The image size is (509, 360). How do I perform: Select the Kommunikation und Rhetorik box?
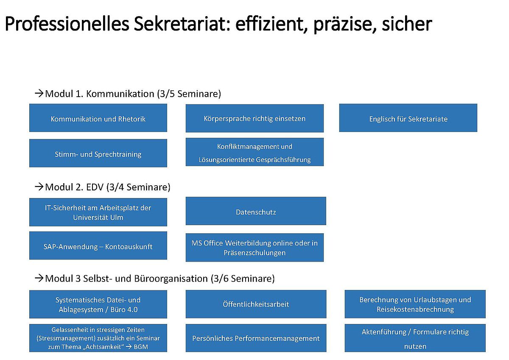tap(98, 118)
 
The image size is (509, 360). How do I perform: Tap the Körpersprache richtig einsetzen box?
tap(255, 118)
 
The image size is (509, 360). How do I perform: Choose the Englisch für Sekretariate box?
tap(408, 118)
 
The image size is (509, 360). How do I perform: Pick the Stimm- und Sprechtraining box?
tap(98, 153)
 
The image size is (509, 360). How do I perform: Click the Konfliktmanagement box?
tap(255, 152)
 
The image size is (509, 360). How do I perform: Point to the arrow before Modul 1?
tap(39, 93)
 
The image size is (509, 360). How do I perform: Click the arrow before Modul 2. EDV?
tap(39, 187)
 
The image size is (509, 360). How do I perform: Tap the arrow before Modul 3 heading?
tap(39, 278)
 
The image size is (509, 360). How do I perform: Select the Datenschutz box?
tap(256, 211)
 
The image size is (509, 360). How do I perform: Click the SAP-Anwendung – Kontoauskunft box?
tap(98, 246)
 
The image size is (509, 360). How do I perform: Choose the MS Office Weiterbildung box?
tap(255, 248)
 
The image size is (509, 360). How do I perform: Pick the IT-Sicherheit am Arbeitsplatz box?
tap(98, 212)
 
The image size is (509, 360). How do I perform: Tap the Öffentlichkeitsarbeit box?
tap(256, 304)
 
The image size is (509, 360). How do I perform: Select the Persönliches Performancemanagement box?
tap(256, 338)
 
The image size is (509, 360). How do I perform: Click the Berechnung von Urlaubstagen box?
tap(415, 304)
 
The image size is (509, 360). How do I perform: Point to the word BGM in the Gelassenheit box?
tap(141, 347)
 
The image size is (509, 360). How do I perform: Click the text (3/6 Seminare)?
tap(243, 279)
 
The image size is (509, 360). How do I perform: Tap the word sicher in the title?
tap(407, 24)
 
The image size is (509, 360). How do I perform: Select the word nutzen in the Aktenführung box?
tap(415, 346)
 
